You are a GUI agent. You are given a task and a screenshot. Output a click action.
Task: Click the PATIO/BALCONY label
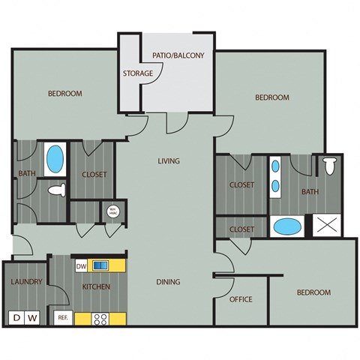point(178,55)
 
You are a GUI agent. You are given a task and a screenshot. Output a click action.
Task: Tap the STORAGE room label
point(138,73)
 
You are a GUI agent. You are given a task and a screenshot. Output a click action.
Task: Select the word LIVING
point(168,161)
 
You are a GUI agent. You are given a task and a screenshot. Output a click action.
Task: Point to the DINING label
point(168,281)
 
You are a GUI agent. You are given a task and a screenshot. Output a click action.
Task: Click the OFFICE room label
point(240,299)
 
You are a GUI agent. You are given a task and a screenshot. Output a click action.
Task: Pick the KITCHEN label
point(97,286)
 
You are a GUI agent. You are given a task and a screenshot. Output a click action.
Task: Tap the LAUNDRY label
point(25,282)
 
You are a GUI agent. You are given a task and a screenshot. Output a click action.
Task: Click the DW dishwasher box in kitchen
point(82,265)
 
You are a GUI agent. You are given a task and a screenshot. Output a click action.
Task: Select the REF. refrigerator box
point(64,317)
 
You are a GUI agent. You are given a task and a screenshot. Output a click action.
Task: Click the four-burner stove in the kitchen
point(100,318)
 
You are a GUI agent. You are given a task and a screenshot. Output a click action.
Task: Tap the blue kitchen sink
point(101,265)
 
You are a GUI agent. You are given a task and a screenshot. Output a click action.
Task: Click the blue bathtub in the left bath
point(55,159)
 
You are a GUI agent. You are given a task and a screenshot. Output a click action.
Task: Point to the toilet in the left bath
point(56,191)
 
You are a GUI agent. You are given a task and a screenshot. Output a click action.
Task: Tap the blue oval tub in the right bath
point(285,226)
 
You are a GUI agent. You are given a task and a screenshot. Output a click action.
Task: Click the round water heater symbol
point(113,211)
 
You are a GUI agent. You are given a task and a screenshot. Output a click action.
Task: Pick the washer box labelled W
point(32,318)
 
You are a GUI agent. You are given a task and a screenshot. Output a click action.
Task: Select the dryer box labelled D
point(16,318)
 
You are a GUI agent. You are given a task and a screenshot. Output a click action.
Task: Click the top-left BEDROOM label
point(64,94)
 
